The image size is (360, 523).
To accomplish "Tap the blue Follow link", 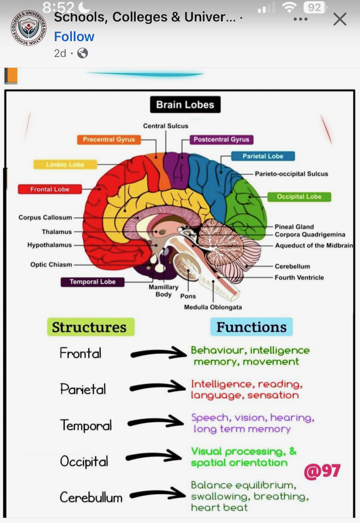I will tap(74, 37).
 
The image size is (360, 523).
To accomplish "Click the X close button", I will tap(340, 19).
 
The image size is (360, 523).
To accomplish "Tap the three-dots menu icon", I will tap(300, 19).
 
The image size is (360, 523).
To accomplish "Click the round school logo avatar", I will tap(28, 28).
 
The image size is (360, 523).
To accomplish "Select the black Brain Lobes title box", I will tap(185, 105).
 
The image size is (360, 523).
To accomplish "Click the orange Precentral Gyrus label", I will tap(109, 139).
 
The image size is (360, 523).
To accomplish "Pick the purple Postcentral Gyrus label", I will tap(221, 139).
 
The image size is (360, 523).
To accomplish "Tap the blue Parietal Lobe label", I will tap(263, 156).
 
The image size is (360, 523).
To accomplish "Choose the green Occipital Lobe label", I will tap(299, 197).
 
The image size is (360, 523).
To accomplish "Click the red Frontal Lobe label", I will tap(49, 189).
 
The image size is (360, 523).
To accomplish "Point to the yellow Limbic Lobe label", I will tap(65, 164).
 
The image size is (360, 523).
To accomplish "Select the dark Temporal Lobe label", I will tap(92, 282).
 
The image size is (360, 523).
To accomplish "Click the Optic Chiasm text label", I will tap(51, 264).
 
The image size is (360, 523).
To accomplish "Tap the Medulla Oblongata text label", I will tap(213, 307).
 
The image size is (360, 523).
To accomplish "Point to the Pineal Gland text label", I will tap(294, 227).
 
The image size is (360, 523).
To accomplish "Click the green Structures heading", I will tap(89, 327).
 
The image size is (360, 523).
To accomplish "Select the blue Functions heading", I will tap(251, 327).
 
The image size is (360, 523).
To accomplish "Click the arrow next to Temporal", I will tap(157, 422).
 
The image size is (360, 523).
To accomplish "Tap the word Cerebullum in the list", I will tap(91, 497).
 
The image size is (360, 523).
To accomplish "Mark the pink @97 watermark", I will tap(322, 471).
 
